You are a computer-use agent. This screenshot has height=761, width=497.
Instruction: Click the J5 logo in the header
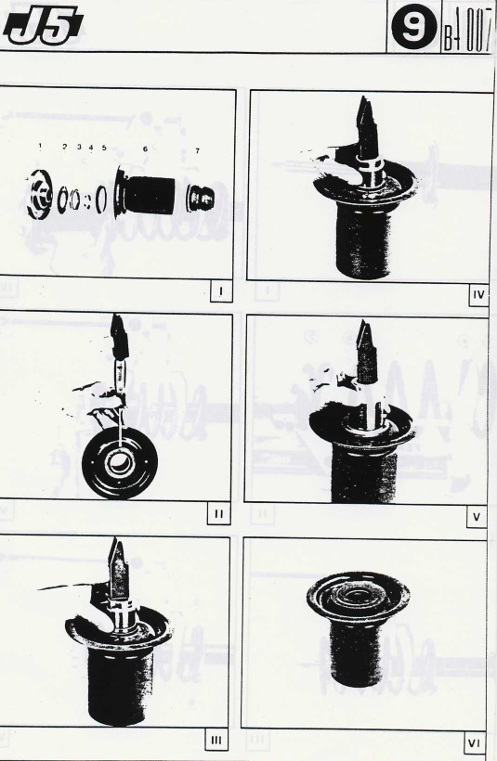43,26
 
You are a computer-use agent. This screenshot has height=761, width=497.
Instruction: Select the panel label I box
221,291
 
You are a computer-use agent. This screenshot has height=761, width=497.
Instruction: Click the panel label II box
218,514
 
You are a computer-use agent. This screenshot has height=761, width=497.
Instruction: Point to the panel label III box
216,741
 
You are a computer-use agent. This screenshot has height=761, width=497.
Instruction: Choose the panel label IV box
478,294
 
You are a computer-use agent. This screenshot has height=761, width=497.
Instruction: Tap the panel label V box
477,517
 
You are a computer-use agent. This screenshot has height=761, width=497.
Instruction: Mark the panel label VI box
474,743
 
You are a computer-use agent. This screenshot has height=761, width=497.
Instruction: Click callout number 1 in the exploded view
40,146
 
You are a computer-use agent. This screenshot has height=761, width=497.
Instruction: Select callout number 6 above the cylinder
145,149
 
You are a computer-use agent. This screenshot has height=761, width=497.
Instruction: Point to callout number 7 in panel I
197,151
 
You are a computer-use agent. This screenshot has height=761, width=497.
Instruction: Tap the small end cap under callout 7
200,198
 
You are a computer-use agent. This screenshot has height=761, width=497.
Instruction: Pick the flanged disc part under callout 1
40,195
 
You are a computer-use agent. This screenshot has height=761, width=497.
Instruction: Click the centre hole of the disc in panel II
119,461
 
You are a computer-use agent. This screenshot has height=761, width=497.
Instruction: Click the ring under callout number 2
62,199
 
